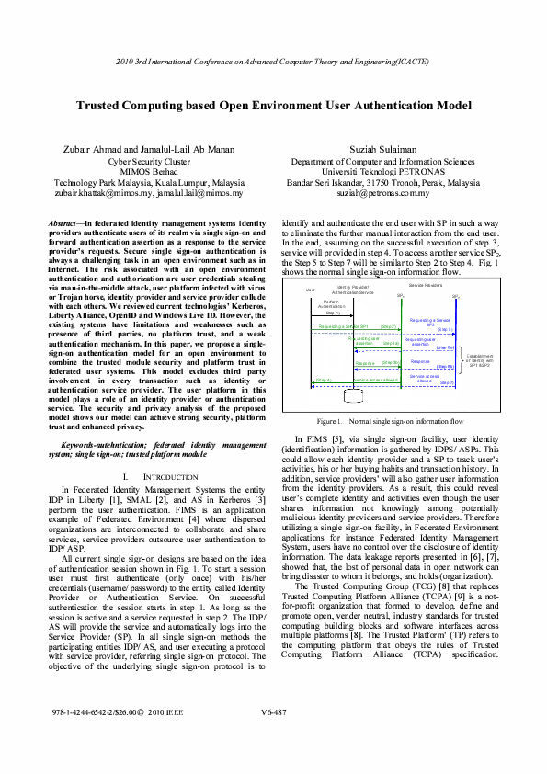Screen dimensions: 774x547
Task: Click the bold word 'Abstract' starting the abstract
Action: click(63, 223)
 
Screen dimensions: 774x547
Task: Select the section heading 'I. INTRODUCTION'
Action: click(160, 478)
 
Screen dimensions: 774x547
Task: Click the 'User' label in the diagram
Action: click(297, 290)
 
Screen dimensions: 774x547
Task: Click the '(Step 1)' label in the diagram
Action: click(332, 313)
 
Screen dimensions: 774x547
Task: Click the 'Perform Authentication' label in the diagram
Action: click(333, 303)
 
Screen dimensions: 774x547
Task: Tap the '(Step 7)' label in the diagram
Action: click(445, 382)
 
